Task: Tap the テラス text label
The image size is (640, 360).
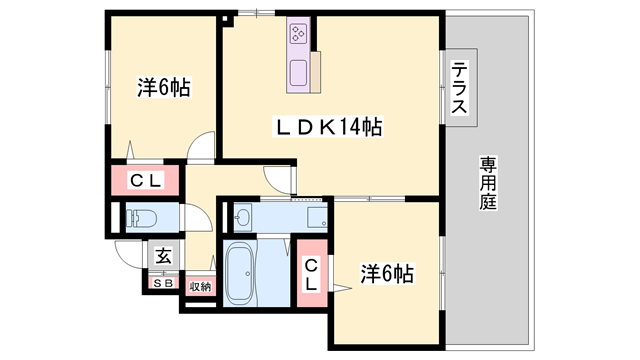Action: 460,88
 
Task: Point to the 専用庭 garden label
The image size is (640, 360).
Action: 488,181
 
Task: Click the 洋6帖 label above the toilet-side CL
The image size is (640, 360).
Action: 163,87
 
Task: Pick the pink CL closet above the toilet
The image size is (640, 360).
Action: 145,181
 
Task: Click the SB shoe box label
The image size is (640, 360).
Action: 163,283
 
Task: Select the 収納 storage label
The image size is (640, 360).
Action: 199,286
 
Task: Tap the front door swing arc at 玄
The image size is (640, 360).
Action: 128,253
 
